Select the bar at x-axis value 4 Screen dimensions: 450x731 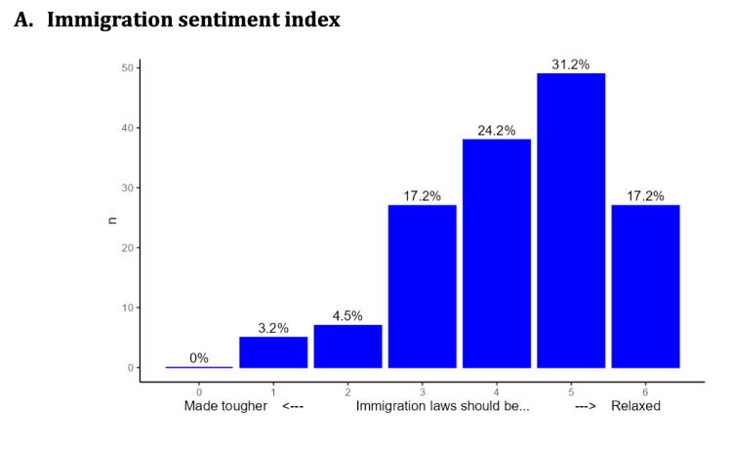tap(497, 253)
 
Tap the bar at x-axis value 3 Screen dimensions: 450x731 tap(422, 286)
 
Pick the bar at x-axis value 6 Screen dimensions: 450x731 tap(645, 286)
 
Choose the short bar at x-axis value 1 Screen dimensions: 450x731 tap(273, 352)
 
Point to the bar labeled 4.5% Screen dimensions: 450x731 tap(347, 347)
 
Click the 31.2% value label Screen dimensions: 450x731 tap(571, 64)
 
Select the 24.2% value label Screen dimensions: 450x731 tap(497, 131)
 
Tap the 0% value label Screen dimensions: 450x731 tap(199, 358)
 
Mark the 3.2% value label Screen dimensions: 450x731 tap(273, 328)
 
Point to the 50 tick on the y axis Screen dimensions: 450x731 tap(127, 67)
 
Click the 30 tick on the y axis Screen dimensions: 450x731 tap(127, 187)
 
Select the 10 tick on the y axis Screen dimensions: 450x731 tap(127, 307)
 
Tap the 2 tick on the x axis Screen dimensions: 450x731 tap(347, 389)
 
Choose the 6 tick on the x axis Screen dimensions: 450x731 tap(645, 389)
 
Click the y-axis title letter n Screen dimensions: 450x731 tap(111, 220)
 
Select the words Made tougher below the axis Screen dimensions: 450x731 tap(225, 406)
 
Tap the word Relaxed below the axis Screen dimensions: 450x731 tap(635, 406)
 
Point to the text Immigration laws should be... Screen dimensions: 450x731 tap(443, 406)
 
